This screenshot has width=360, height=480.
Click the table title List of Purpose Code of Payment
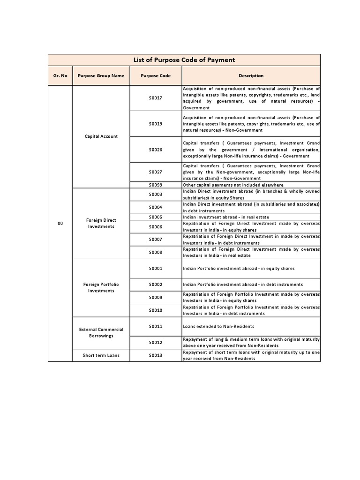pyautogui.click(x=184, y=60)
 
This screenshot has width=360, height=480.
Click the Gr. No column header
pyautogui.click(x=60, y=76)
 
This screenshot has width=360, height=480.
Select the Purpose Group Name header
pyautogui.click(x=101, y=76)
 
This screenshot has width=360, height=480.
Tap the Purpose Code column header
pyautogui.click(x=156, y=76)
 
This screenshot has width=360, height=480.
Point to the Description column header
pyautogui.click(x=251, y=76)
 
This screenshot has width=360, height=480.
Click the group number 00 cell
pyautogui.click(x=60, y=224)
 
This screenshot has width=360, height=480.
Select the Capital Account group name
pyautogui.click(x=101, y=136)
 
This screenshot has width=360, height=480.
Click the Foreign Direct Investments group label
pyautogui.click(x=101, y=224)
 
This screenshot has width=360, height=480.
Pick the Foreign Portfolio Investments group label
pyautogui.click(x=101, y=287)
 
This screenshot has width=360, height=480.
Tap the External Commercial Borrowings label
pyautogui.click(x=101, y=332)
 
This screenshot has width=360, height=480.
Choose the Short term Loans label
pyautogui.click(x=101, y=355)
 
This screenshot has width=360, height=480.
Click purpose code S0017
pyautogui.click(x=156, y=98)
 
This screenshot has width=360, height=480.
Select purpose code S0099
pyautogui.click(x=156, y=185)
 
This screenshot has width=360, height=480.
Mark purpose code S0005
pyautogui.click(x=156, y=217)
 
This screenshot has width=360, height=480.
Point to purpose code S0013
pyautogui.click(x=156, y=355)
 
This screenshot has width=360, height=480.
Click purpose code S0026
pyautogui.click(x=156, y=150)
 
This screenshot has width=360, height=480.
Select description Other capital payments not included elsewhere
pyautogui.click(x=233, y=185)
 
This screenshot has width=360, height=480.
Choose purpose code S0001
pyautogui.click(x=156, y=269)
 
